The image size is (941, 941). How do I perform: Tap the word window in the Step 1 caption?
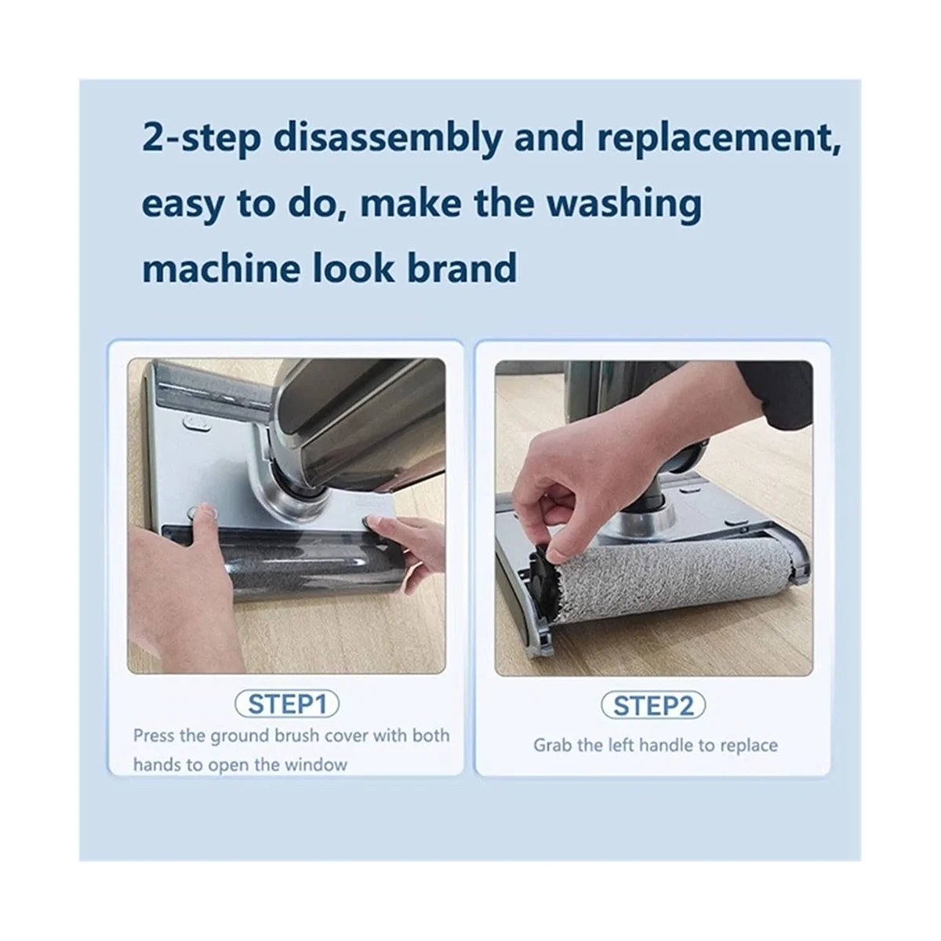pos(314,765)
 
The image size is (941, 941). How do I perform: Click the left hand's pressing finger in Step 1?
pos(205,518)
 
